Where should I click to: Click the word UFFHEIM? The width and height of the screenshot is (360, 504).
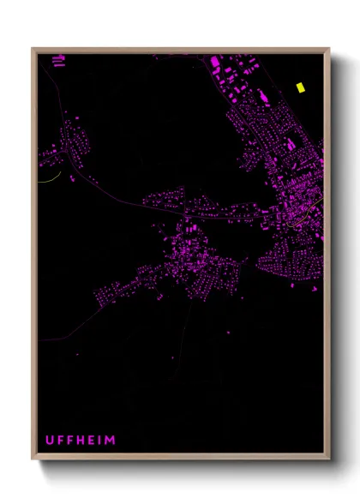click(x=80, y=441)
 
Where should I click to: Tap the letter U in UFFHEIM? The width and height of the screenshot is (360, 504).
click(x=49, y=441)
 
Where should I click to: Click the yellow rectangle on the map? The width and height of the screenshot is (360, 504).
click(x=300, y=87)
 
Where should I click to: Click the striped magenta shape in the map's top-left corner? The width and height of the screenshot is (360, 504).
click(x=58, y=60)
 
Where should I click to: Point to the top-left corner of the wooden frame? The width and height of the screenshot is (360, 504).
click(x=33, y=49)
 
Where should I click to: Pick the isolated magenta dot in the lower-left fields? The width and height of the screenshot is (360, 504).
click(x=78, y=353)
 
